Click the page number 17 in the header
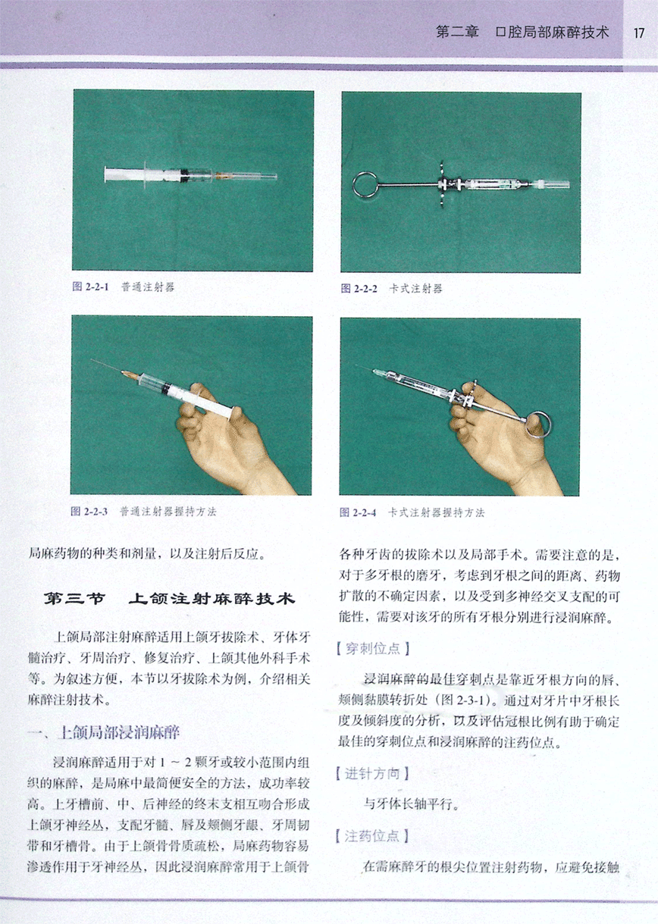click(638, 33)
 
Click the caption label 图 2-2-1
click(90, 287)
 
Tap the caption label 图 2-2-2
click(359, 288)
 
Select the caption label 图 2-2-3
click(89, 512)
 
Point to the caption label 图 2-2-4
click(358, 512)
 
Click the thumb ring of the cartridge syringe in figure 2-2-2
click(353, 185)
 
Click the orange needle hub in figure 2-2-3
click(130, 375)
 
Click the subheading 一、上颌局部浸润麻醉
click(104, 732)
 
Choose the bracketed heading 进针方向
click(372, 774)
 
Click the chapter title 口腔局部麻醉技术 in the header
click(552, 32)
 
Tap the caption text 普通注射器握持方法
click(168, 512)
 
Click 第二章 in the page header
click(457, 32)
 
